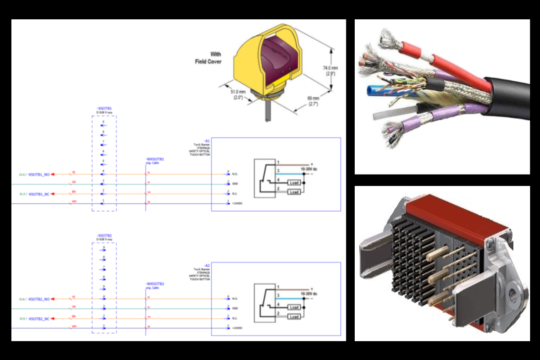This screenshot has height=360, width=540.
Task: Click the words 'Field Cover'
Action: [208, 61]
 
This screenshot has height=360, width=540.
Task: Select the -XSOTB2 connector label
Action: [104, 236]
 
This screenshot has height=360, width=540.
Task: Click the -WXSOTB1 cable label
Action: [155, 159]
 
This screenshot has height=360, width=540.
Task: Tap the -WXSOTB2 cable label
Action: [155, 284]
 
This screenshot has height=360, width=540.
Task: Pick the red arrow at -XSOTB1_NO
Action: [53, 174]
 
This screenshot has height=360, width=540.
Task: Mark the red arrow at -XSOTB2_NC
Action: [53, 318]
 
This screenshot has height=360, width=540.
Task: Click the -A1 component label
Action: [207, 141]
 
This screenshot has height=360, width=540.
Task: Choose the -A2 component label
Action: [207, 266]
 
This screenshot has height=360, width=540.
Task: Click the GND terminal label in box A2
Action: [235, 308]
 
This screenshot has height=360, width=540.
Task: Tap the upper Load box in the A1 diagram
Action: [294, 183]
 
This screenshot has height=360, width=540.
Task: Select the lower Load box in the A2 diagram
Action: [294, 317]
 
